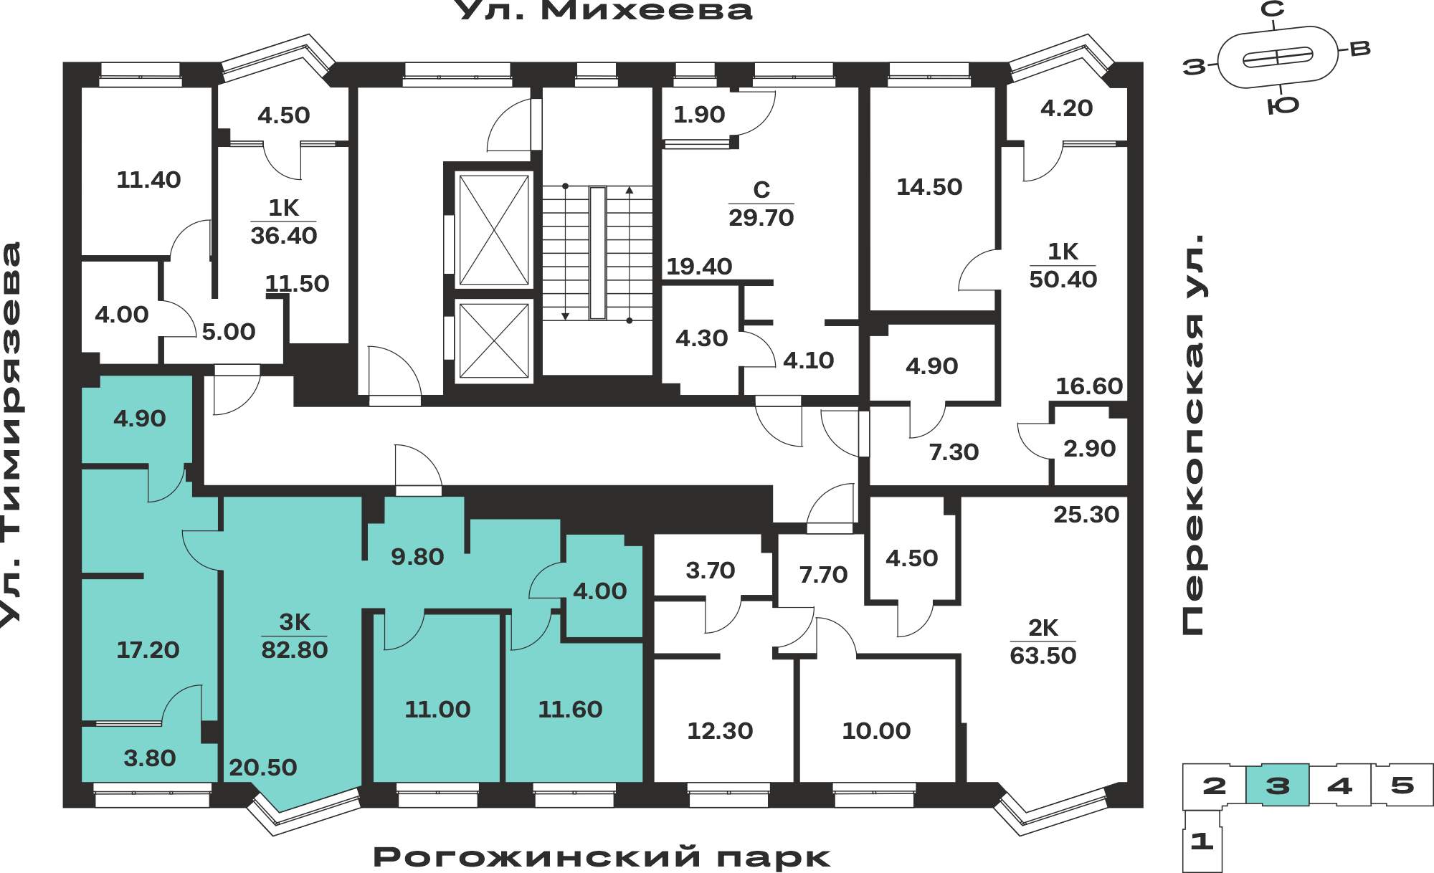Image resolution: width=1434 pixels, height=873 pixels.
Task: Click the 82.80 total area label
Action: point(294,650)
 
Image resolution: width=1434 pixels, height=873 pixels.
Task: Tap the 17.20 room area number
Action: point(148,650)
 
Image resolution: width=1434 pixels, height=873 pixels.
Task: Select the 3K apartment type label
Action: point(295,622)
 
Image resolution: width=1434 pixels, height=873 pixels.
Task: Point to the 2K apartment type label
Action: point(1043,628)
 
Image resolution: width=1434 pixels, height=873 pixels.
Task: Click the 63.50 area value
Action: point(1043,656)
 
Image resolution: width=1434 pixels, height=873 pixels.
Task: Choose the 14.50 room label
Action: point(929,187)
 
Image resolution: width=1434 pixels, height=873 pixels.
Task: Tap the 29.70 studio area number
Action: point(761,218)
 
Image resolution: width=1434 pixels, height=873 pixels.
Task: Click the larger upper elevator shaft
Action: point(494,229)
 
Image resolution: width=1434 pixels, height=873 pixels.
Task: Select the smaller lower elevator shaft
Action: point(494,340)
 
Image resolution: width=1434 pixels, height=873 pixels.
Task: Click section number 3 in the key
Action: point(1278,786)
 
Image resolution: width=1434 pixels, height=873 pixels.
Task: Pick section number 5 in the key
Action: point(1402,786)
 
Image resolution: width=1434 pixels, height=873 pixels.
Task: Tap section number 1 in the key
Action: point(1202,841)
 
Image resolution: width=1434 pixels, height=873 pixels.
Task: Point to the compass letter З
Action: point(1195,67)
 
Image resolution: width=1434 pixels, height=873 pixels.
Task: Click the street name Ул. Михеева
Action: point(604,11)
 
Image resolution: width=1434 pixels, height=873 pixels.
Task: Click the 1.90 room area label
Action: point(699,115)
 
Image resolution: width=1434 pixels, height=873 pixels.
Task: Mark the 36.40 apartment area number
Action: point(284,236)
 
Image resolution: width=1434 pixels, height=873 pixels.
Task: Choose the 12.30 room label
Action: point(720,731)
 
